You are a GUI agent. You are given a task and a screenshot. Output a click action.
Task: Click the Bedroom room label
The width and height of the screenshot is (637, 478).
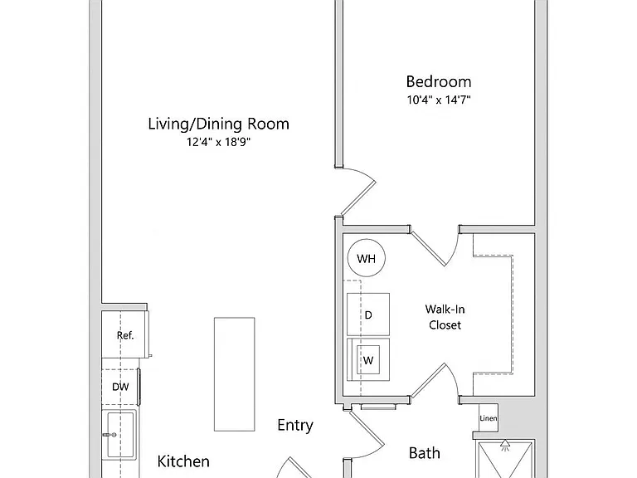pos(439,81)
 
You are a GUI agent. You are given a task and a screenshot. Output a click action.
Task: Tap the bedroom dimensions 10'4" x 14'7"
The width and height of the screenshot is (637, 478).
pos(439,100)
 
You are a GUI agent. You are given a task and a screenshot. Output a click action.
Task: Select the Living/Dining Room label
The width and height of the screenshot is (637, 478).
pos(219,124)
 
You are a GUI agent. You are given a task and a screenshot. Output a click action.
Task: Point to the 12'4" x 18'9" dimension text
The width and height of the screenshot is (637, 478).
pos(219,142)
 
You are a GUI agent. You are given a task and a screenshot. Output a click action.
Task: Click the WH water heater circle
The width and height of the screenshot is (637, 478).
pos(367,258)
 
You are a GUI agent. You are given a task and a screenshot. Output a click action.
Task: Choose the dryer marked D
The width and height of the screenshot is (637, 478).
pos(368,315)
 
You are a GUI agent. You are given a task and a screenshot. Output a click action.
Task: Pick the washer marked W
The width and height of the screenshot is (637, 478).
pos(368,359)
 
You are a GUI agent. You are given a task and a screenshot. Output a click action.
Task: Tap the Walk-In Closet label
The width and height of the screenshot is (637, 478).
pos(445,317)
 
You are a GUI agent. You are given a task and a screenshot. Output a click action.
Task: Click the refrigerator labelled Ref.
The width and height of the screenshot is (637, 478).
pos(124,335)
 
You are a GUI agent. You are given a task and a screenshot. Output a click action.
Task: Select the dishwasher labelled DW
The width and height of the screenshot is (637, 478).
pos(120,387)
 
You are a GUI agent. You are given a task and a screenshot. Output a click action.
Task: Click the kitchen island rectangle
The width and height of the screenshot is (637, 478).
pos(235,374)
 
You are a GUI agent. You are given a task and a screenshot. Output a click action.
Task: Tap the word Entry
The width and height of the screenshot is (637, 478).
pos(295,425)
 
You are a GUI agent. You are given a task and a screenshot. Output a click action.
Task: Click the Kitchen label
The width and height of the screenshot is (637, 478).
pos(183,461)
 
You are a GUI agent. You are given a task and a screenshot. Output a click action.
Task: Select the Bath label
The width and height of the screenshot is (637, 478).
pos(425,453)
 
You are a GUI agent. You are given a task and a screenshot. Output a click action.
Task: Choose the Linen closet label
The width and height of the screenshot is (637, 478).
pos(489,418)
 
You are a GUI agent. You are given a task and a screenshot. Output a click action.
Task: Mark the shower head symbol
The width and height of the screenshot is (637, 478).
pos(505,446)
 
